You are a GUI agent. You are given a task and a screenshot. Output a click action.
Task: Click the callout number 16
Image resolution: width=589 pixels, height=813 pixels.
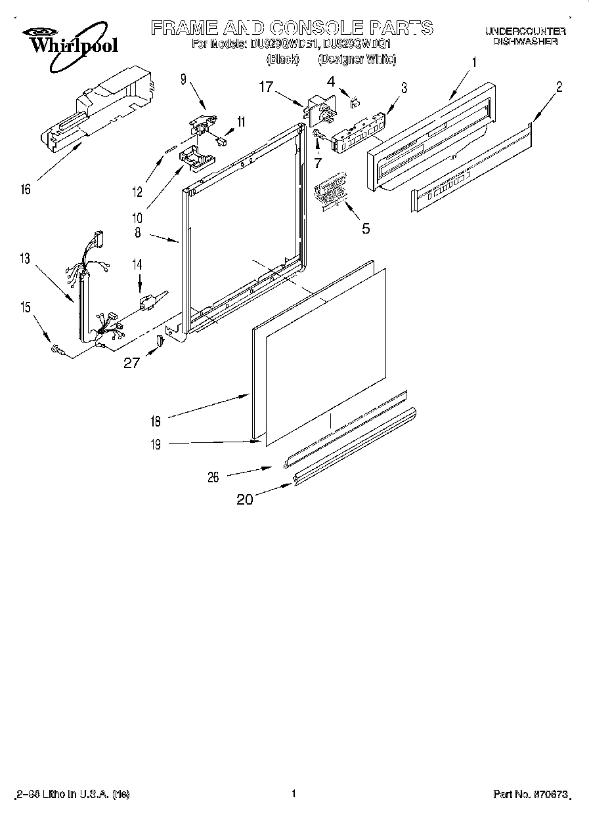25,191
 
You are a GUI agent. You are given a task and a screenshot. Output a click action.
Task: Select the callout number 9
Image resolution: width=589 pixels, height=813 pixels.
183,80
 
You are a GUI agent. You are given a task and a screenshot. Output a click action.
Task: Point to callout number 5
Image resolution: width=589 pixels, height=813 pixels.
366,228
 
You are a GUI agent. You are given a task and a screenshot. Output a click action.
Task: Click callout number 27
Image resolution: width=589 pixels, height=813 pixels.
132,362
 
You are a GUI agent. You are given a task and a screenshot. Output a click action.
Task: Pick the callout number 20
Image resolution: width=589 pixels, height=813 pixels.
244,499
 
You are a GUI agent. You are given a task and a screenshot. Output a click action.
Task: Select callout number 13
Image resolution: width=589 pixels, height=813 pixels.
24,259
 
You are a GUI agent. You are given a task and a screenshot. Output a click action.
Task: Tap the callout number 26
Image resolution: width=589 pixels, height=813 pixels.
213,478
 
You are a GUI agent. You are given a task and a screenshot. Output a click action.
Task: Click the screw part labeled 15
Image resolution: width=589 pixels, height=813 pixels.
58,351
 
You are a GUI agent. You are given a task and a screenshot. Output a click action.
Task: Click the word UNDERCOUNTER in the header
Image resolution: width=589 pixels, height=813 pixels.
525,31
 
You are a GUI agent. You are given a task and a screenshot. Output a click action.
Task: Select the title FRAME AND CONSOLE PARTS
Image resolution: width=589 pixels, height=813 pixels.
292,28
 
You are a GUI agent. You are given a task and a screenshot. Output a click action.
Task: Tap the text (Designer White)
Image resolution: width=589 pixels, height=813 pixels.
357,60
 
